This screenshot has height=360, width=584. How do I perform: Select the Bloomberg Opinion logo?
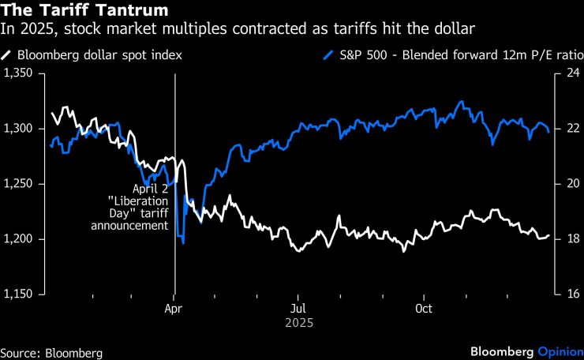pyautogui.click(x=525, y=351)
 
